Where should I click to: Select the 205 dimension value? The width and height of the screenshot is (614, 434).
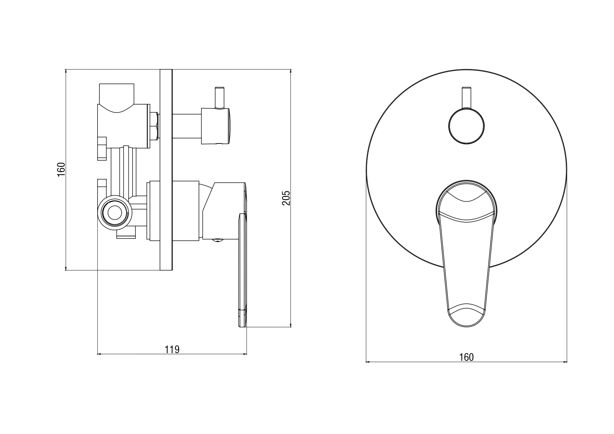tap(286, 198)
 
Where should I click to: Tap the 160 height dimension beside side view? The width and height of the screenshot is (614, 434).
tap(61, 169)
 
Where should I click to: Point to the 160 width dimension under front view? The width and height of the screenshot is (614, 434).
tap(466, 357)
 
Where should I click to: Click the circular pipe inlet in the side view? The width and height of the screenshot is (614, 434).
tap(114, 212)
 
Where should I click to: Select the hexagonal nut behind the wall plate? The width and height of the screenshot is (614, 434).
tap(155, 126)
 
